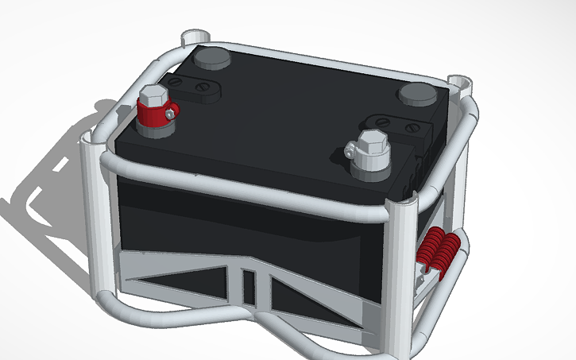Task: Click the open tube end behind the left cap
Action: [x=195, y=36]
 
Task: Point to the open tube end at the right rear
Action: [x=459, y=81]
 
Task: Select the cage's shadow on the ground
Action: [x=48, y=183]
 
